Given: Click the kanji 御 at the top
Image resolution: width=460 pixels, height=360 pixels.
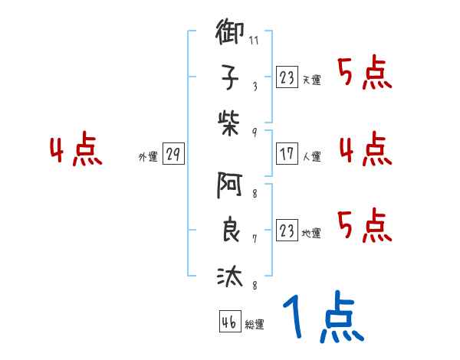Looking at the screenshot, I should (x=230, y=35).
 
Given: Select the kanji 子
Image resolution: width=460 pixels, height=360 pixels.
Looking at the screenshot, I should (x=230, y=77).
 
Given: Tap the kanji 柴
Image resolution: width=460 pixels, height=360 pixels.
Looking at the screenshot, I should (x=230, y=121).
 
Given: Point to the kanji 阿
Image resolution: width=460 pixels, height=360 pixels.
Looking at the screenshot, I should (x=230, y=185).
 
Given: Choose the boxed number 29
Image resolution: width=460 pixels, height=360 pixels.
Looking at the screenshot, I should (x=173, y=154).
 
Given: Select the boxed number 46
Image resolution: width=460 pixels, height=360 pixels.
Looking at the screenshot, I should (x=229, y=322).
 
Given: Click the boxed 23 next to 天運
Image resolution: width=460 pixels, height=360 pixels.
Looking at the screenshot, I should (x=287, y=77).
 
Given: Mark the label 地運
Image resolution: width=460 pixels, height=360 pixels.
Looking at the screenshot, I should (x=312, y=233).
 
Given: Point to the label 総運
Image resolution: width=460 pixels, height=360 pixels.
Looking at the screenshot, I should (x=255, y=325).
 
